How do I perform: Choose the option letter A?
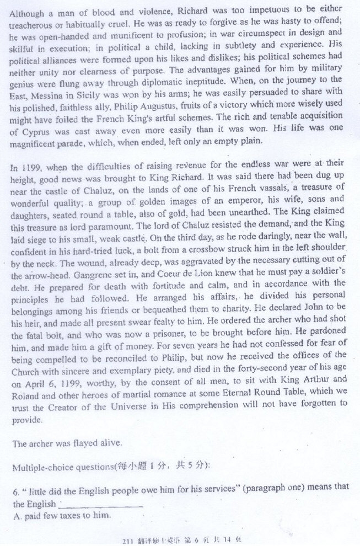point(15,516)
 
